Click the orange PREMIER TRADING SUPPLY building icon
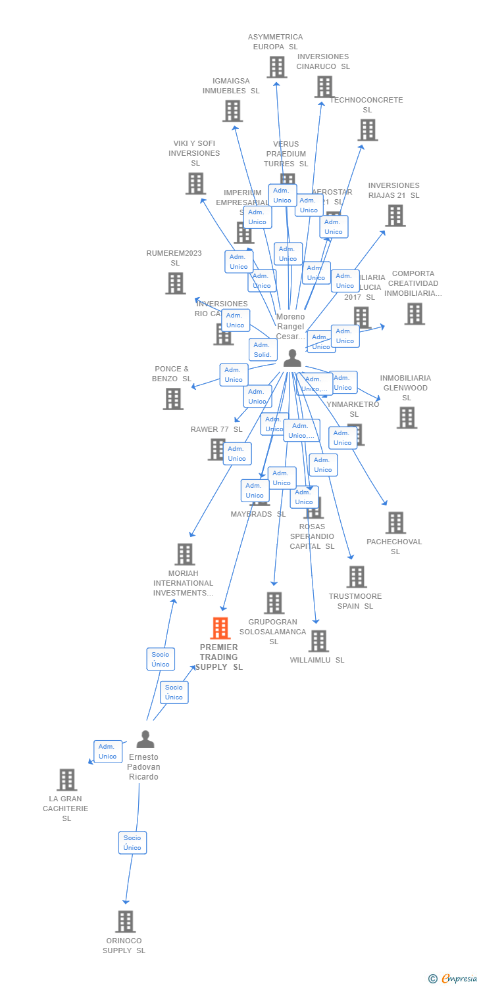click(x=220, y=628)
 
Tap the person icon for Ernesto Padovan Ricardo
click(x=145, y=739)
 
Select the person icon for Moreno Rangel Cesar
click(x=292, y=358)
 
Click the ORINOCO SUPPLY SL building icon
click(x=125, y=922)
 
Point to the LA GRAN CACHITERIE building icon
click(x=66, y=780)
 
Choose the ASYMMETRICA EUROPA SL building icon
click(x=276, y=67)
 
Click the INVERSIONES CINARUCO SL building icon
click(x=324, y=87)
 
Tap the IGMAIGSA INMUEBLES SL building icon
click(x=232, y=111)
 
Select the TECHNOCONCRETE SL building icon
click(x=367, y=130)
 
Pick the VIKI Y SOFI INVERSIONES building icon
click(x=195, y=183)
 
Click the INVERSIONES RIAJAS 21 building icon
click(x=395, y=216)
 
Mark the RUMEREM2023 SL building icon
click(x=175, y=283)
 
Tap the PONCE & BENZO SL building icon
click(x=173, y=399)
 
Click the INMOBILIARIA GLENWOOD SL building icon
click(x=406, y=417)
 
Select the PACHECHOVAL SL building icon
click(x=395, y=523)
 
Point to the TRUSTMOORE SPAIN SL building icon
click(x=356, y=577)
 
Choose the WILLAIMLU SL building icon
click(x=318, y=641)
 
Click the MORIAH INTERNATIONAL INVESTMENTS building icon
click(x=184, y=554)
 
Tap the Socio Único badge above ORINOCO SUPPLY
click(x=132, y=843)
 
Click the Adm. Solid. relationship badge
click(x=263, y=350)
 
